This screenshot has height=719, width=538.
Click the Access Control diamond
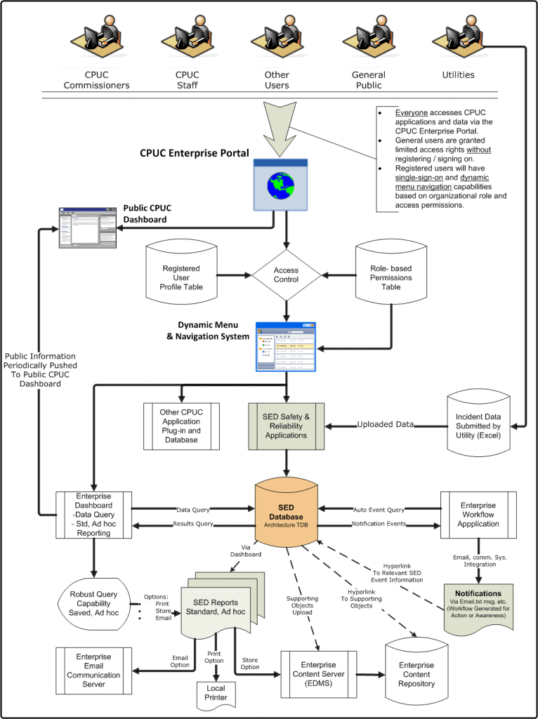(286, 275)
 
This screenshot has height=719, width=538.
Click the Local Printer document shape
(216, 695)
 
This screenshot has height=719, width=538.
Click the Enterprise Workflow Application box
(478, 515)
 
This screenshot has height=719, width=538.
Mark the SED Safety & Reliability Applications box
(286, 426)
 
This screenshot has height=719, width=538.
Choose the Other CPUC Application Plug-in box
(181, 426)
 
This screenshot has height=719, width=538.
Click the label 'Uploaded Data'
(385, 425)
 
